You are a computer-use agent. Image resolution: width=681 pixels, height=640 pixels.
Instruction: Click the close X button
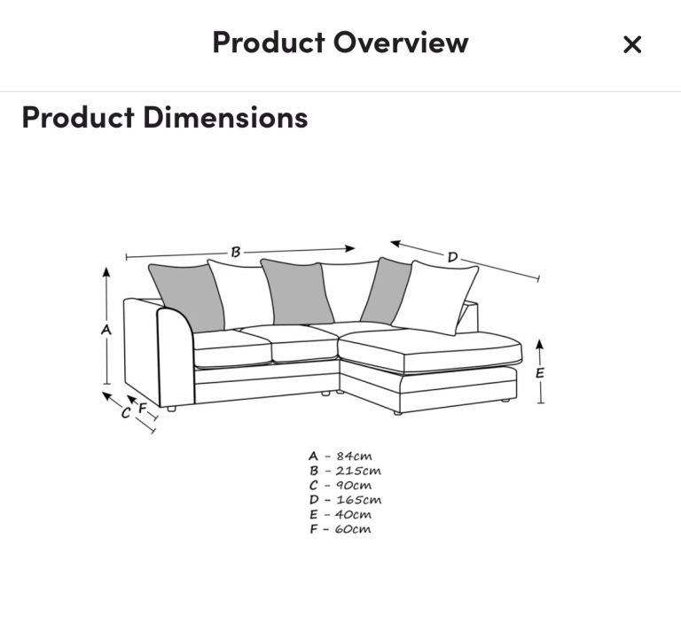632,44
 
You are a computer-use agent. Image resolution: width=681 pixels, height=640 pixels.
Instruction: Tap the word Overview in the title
401,43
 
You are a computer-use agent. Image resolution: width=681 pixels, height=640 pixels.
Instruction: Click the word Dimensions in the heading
225,117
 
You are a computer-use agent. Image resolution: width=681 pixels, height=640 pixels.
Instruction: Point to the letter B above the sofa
235,252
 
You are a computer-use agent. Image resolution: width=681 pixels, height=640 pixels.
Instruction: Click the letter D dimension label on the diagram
452,257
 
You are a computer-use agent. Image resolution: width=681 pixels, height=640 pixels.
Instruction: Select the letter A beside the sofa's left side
106,330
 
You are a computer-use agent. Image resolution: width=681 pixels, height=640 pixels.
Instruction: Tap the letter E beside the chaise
540,373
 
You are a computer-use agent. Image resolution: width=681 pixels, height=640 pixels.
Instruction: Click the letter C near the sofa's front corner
126,412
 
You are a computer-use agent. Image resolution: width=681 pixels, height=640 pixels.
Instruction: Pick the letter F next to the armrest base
142,409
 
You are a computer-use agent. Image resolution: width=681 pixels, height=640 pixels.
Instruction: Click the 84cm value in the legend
354,456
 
